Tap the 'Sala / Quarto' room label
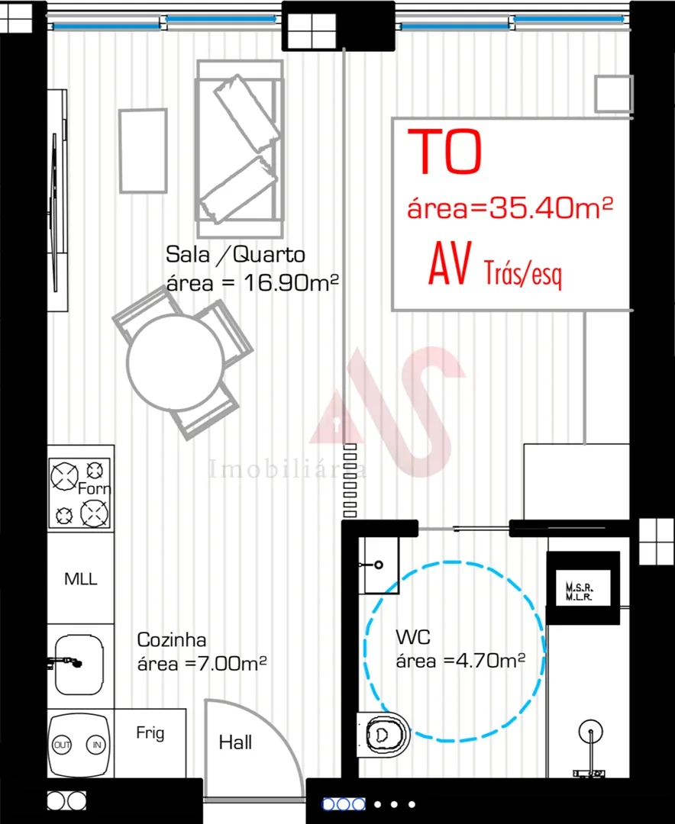coord(235,254)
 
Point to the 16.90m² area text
coord(290,282)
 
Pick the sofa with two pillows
coord(241,149)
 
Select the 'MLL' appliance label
coord(81,579)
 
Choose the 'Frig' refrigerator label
coord(150,733)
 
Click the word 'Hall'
coord(235,742)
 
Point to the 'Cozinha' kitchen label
coord(172,639)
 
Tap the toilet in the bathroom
coord(383,735)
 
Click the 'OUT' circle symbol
coord(63,744)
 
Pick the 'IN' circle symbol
coord(96,744)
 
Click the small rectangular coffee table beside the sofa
coord(143,150)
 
